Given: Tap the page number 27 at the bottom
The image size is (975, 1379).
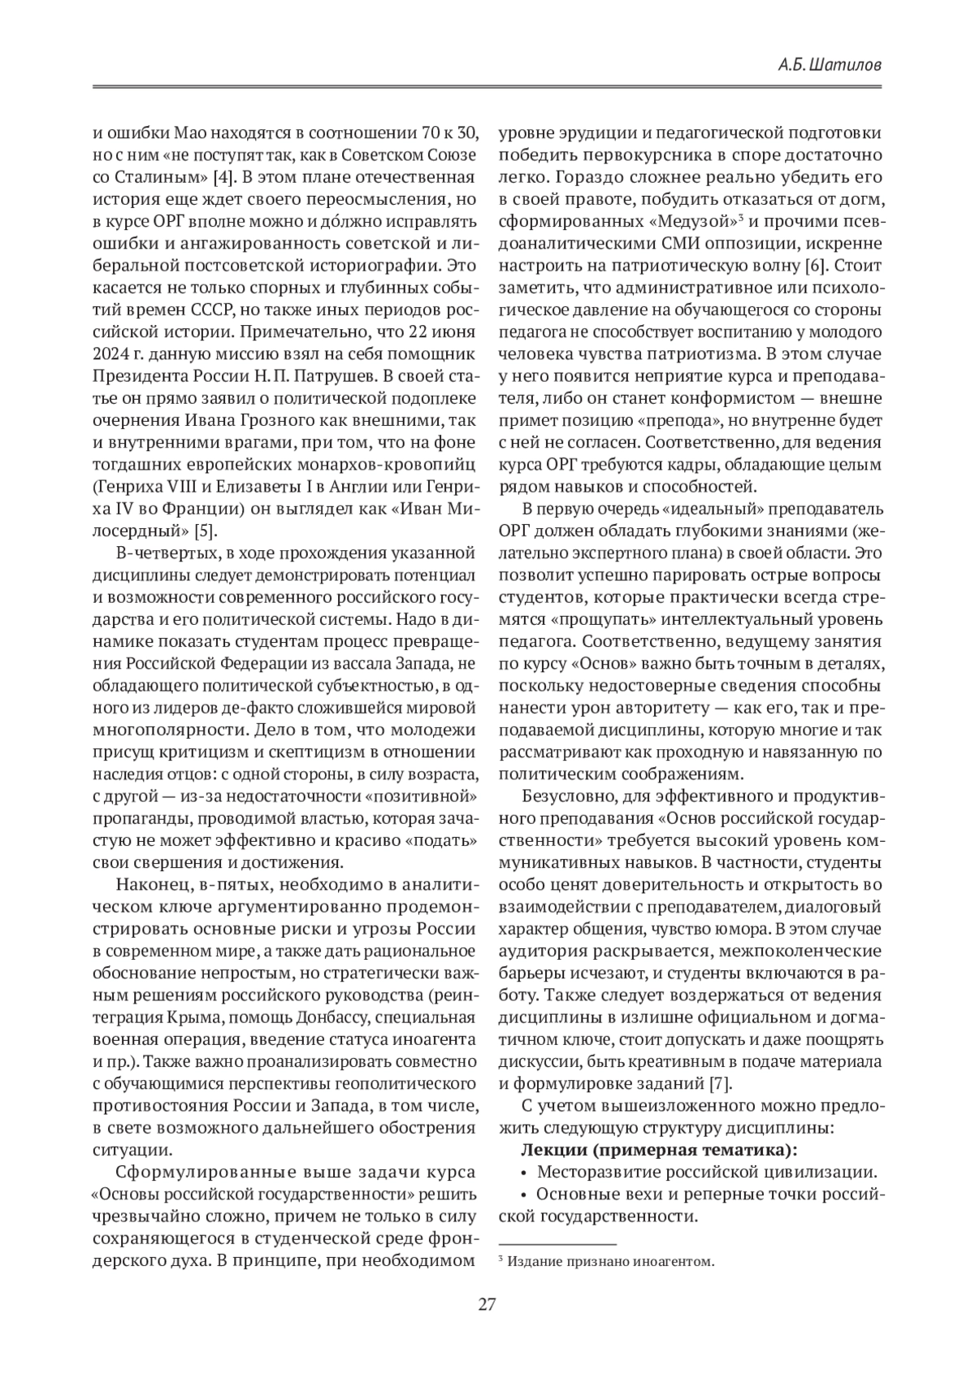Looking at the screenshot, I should pyautogui.click(x=487, y=1305).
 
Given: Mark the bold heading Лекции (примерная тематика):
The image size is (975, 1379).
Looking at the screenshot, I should pyautogui.click(x=658, y=1151).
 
